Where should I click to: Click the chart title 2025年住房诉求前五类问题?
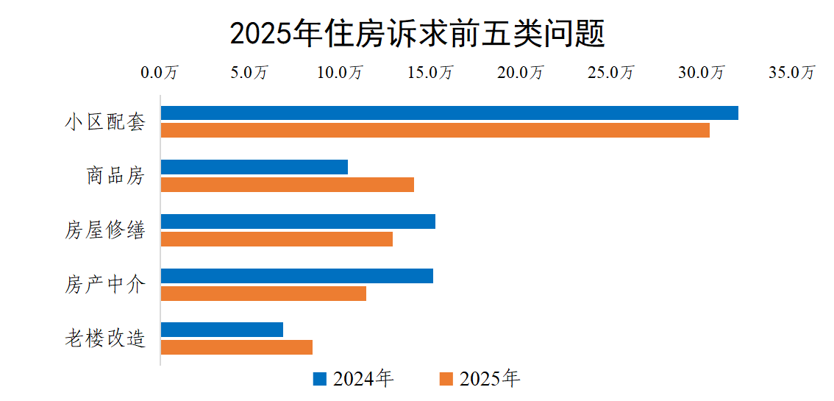pos(417,33)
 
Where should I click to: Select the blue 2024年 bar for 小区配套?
pos(449,113)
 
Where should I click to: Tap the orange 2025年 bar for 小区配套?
pos(435,130)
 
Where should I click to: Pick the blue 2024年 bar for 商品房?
pos(254,167)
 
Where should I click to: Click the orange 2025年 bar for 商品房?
pos(288,185)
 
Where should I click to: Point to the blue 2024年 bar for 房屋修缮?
pos(298,221)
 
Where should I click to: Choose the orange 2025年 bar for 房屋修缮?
pos(277,239)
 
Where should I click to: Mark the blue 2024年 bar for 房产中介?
pos(297,276)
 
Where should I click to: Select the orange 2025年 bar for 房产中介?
pos(263,294)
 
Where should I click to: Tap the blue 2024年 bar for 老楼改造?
pos(222,330)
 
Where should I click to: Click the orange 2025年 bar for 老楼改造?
pos(237,347)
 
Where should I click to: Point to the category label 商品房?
pos(115,177)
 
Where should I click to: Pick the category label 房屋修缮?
pos(105,230)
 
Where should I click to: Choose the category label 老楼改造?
pos(105,338)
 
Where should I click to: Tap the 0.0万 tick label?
pos(160,73)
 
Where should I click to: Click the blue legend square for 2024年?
pos(320,379)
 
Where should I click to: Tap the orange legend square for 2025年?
pos(446,379)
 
